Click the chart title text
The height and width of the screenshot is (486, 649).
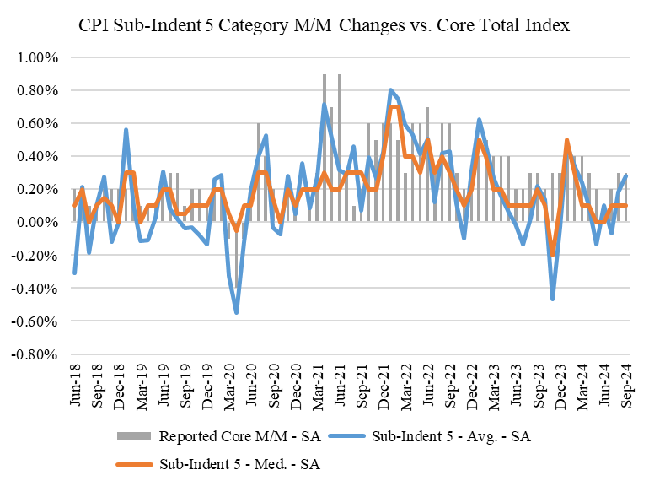pyautogui.click(x=324, y=26)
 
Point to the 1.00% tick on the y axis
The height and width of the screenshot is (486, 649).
pyautogui.click(x=33, y=57)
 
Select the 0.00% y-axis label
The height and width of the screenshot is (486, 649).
pyautogui.click(x=33, y=223)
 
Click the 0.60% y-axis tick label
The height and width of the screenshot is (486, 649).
pyautogui.click(x=33, y=123)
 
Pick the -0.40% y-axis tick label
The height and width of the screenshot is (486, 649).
pyautogui.click(x=31, y=289)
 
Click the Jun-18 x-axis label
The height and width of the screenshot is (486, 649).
pyautogui.click(x=74, y=382)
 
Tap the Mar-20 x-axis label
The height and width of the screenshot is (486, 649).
pyautogui.click(x=228, y=382)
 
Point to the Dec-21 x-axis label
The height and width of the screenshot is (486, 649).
pyautogui.click(x=383, y=382)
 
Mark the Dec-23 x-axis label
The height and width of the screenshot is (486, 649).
pyautogui.click(x=560, y=382)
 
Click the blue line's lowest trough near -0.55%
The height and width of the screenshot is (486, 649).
pyautogui.click(x=237, y=313)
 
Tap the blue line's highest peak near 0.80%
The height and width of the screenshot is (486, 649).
pyautogui.click(x=390, y=89)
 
